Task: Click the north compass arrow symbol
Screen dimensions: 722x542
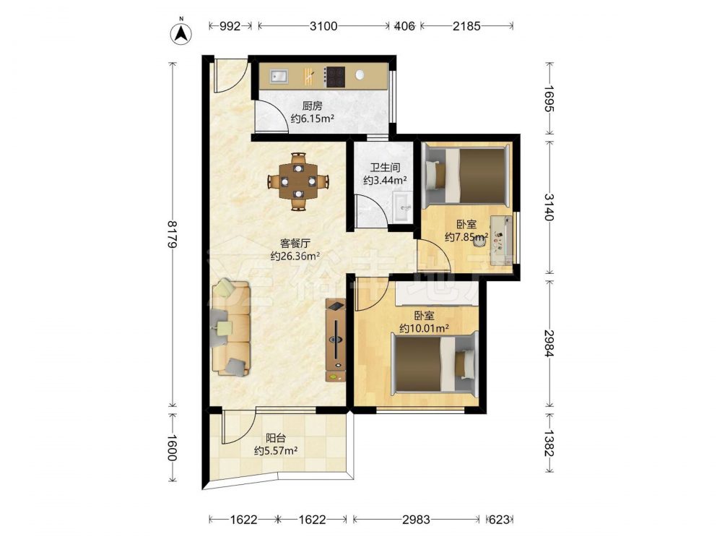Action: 181,33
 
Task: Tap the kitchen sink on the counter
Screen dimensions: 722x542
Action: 279,76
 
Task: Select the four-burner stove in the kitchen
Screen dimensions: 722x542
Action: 335,77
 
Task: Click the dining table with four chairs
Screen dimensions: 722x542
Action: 299,181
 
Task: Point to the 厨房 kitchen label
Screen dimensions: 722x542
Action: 312,106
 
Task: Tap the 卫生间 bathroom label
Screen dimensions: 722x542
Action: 385,168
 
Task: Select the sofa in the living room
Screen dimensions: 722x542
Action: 231,327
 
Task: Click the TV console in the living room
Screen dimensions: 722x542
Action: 336,340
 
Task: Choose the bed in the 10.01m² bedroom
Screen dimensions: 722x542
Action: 435,364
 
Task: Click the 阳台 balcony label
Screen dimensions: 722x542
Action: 276,438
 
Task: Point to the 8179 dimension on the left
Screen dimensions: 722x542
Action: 172,235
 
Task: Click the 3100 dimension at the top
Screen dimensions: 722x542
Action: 323,26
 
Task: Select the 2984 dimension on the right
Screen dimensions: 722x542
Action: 549,343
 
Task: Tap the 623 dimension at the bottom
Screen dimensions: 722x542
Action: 499,520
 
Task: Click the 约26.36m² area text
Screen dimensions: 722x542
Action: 295,257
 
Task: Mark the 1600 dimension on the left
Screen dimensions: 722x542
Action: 172,447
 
